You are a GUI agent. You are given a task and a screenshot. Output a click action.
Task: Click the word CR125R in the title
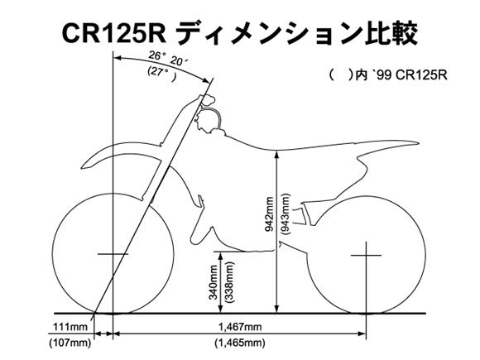[x=114, y=33]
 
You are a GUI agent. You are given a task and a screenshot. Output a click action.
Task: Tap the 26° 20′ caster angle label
[x=168, y=58]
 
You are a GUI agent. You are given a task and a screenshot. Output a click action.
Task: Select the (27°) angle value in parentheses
[x=162, y=74]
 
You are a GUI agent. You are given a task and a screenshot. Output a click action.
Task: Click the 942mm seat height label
[x=270, y=214]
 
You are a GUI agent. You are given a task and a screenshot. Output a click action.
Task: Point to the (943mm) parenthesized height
[x=285, y=214]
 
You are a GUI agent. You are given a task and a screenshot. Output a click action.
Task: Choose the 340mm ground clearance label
[x=213, y=282]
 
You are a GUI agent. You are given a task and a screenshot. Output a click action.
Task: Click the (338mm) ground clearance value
[x=228, y=282]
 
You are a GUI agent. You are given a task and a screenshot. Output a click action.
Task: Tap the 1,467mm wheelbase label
[x=240, y=327]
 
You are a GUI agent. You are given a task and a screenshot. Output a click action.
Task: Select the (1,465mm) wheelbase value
[x=240, y=343]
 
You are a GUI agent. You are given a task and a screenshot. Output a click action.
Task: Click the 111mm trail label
[x=70, y=327]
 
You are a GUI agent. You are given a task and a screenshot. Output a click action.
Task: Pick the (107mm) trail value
[x=70, y=343]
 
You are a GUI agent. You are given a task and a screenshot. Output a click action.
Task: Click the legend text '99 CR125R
[x=409, y=75]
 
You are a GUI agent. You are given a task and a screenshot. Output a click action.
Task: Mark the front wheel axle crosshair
[x=113, y=254]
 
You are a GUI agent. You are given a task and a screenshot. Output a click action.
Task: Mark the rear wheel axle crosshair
[x=366, y=255]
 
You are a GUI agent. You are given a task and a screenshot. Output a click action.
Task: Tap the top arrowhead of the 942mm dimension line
[x=277, y=155]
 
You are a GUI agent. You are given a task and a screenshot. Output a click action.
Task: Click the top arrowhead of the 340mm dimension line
[x=221, y=255]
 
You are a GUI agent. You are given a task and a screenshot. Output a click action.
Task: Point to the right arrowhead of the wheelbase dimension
[x=362, y=333]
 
